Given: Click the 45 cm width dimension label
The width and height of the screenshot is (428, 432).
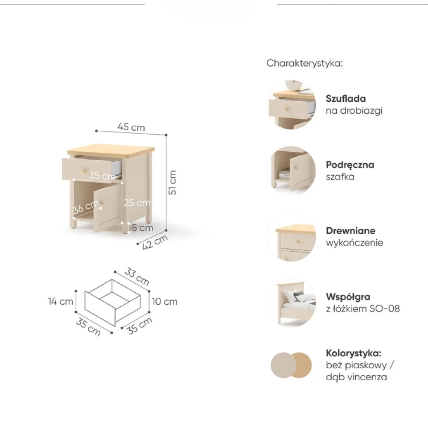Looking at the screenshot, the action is [131, 127].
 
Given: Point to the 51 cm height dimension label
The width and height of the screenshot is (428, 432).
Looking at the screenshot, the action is [172, 182].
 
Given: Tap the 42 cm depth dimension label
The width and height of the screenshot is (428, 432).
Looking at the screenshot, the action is [155, 242].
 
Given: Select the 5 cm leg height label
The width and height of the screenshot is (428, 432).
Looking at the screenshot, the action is [143, 228].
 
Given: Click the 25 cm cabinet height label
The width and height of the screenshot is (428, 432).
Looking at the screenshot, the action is [137, 203].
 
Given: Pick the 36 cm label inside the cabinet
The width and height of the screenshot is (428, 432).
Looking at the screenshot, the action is [86, 207].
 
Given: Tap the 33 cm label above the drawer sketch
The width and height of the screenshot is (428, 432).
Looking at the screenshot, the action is [137, 276].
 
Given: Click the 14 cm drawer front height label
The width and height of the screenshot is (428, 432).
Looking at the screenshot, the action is [60, 301].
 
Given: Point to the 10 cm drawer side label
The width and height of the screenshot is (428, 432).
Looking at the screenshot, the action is [164, 301].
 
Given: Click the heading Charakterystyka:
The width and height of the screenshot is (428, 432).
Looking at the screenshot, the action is [305, 63].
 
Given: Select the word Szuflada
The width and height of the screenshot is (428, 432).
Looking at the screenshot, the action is [346, 99].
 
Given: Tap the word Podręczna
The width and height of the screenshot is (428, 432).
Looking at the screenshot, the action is [350, 165].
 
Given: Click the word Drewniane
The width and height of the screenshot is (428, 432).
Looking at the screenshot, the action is [351, 231].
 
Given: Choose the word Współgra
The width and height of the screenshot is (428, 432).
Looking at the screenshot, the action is [348, 297].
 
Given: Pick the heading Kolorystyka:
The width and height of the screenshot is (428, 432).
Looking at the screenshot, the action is [354, 353].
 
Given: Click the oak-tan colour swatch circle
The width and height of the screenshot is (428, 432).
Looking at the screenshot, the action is [302, 365].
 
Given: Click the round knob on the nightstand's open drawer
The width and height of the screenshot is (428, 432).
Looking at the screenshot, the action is [85, 171].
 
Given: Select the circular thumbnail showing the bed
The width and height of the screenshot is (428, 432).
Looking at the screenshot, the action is [291, 302].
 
